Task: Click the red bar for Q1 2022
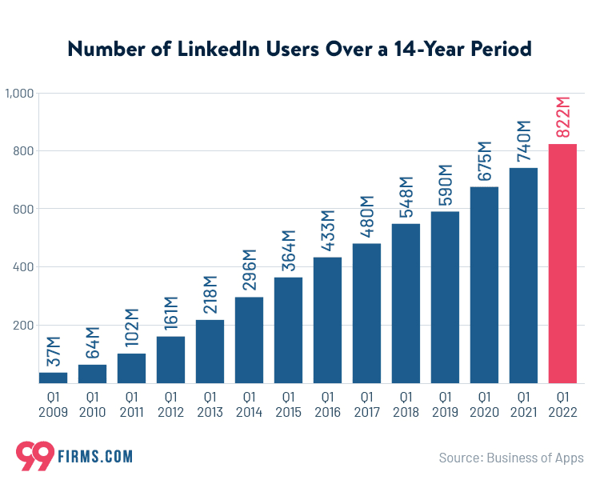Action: [x=562, y=263]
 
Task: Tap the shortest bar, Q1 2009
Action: [x=53, y=378]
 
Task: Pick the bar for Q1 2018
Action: [x=406, y=303]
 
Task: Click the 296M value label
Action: [x=249, y=271]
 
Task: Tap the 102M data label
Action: [x=131, y=327]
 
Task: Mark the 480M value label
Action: [x=366, y=217]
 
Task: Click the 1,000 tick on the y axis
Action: [x=18, y=94]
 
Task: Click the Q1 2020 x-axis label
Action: [x=484, y=405]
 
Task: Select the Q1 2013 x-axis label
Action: [x=210, y=405]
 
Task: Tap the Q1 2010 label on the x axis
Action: [x=92, y=405]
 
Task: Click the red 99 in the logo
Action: [x=34, y=456]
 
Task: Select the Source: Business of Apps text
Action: [x=511, y=458]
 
